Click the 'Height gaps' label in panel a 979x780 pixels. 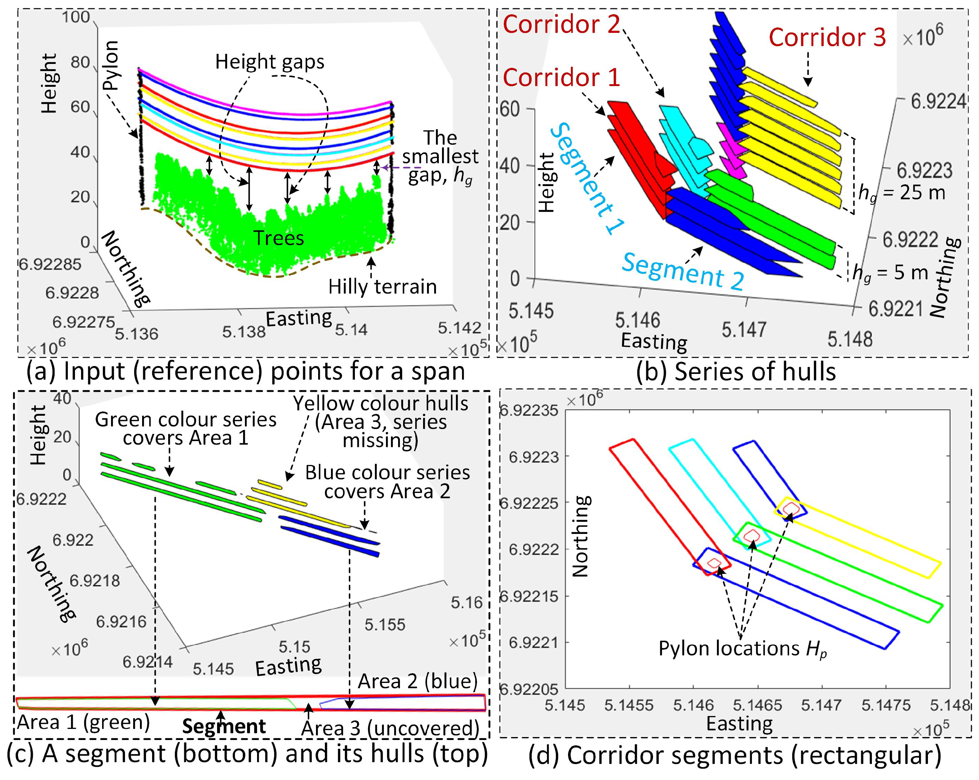[270, 62]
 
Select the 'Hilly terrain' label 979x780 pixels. [382, 287]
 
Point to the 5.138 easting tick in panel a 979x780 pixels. [244, 332]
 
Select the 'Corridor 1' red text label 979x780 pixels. [561, 77]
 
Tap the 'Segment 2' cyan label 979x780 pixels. [683, 271]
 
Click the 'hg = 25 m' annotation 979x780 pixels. [902, 194]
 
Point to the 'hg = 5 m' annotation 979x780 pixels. [890, 273]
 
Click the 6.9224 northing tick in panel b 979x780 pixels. [938, 101]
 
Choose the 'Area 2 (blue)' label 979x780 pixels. [418, 681]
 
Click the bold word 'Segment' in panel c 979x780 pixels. [224, 726]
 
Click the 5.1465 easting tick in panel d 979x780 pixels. [757, 705]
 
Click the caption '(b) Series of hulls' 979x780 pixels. [735, 371]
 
